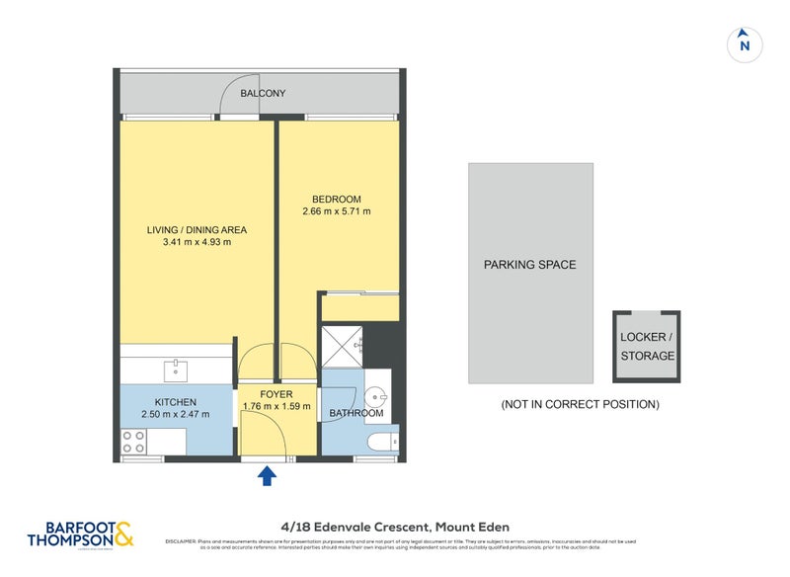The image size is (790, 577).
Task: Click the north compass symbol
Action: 745,43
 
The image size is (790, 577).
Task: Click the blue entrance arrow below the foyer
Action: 266,478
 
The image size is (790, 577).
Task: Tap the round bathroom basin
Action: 374,398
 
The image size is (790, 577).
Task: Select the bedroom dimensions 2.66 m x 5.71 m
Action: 338,211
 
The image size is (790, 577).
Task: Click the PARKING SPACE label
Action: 529,265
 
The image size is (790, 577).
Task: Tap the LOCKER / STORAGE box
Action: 647,347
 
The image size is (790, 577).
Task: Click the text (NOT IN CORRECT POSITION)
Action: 580,404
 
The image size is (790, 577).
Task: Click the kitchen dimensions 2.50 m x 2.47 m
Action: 175,415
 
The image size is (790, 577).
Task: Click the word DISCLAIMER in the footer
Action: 181,541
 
